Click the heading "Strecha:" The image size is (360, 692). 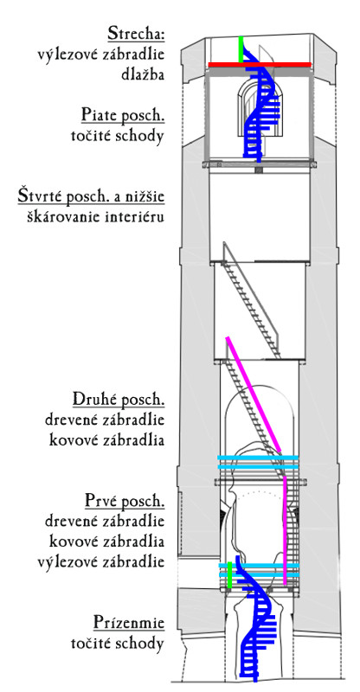click(137, 34)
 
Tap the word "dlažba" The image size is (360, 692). click(143, 74)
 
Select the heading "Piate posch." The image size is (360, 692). click(123, 116)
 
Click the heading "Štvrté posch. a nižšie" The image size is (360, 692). click(91, 196)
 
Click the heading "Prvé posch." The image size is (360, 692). click(125, 502)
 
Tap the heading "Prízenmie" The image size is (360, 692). click(129, 623)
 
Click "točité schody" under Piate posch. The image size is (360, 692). click(118, 137)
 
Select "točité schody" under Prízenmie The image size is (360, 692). click(118, 644)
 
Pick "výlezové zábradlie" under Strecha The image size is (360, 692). click(101, 54)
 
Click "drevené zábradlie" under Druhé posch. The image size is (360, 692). click(105, 420)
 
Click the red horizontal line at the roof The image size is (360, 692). click(260, 65)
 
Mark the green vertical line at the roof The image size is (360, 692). click(241, 49)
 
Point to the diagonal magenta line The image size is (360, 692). click(254, 394)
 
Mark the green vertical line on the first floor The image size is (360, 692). click(229, 575)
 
